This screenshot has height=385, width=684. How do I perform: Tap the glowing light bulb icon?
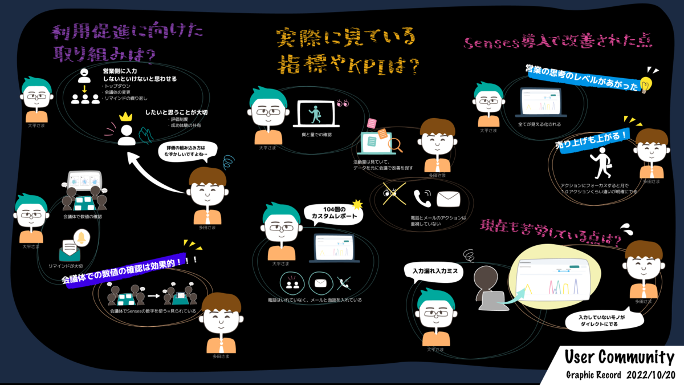tap(646, 84)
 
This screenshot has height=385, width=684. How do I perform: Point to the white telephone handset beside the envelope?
tap(423, 198)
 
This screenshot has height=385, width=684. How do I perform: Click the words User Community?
tap(619, 358)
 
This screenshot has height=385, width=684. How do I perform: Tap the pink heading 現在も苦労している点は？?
tap(551, 231)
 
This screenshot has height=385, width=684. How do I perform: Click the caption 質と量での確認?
tap(317, 135)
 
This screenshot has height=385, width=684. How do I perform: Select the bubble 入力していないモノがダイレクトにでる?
tap(602, 321)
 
